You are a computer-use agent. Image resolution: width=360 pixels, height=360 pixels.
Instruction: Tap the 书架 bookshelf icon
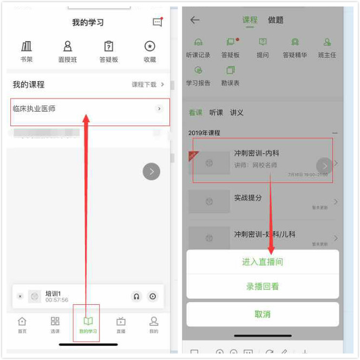[x=26, y=47]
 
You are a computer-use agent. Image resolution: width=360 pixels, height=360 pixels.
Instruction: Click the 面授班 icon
[x=68, y=47]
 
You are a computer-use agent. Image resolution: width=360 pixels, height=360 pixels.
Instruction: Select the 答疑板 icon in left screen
[x=109, y=47]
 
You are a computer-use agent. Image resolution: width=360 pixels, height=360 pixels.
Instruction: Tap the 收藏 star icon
[x=150, y=47]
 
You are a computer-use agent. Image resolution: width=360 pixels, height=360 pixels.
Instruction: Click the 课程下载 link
[x=147, y=84]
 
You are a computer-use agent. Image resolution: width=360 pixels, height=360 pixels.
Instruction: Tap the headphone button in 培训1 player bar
[x=136, y=296]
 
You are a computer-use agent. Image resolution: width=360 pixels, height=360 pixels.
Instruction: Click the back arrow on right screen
[x=195, y=20]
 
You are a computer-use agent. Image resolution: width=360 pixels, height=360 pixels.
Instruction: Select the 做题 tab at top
[x=276, y=20]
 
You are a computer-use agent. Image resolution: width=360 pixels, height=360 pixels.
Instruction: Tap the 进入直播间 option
[x=263, y=262]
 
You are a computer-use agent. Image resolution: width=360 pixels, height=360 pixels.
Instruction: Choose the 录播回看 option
[x=263, y=286]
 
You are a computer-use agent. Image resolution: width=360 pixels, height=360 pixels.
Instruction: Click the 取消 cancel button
[x=263, y=314]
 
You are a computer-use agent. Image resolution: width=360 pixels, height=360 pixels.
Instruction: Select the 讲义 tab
[x=237, y=113]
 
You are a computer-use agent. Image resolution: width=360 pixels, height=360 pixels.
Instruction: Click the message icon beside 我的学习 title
[x=158, y=22]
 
